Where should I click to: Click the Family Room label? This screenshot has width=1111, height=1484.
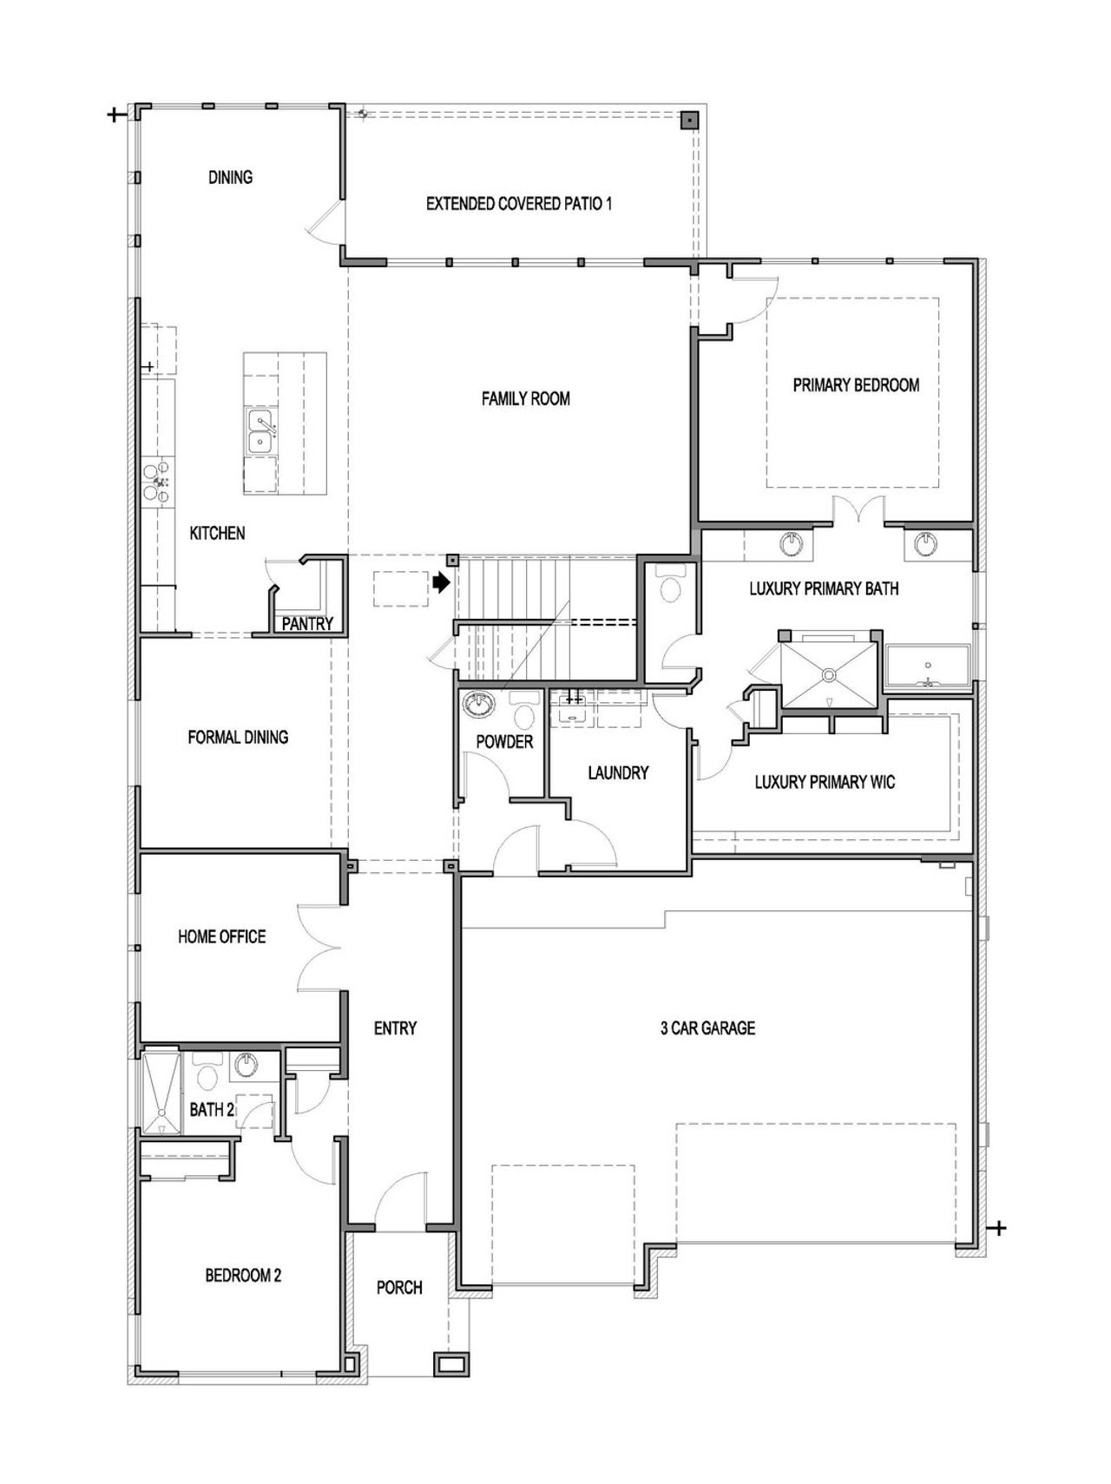point(525,398)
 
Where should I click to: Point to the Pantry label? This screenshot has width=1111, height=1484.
point(306,623)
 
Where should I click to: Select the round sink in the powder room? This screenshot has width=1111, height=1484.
point(477,704)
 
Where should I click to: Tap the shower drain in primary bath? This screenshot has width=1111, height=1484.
point(829,673)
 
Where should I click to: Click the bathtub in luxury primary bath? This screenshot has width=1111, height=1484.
point(927,666)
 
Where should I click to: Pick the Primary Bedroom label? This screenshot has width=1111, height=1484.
point(856,384)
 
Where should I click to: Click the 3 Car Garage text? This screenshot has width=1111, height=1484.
point(707,1028)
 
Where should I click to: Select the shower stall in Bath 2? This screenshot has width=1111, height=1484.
point(161,1092)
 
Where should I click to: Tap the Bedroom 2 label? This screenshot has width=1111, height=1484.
point(243,1275)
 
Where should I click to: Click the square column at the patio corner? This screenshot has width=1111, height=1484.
point(688,121)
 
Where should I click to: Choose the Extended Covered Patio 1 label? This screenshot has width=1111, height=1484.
point(519,204)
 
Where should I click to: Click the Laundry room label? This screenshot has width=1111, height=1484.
point(618,772)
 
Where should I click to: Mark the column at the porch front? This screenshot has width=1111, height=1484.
point(450,1364)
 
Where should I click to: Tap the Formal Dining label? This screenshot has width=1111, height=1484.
point(238,737)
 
